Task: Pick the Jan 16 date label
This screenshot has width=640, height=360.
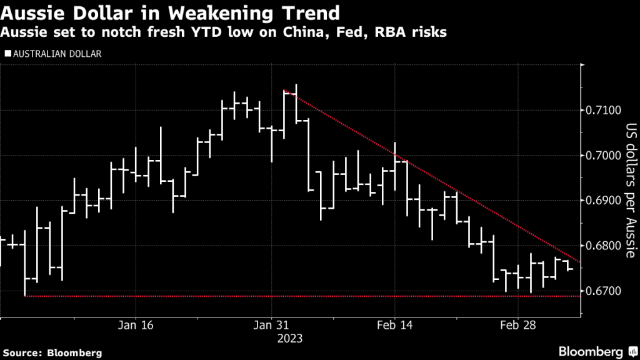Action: tap(136, 325)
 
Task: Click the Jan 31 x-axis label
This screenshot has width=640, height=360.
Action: tap(272, 325)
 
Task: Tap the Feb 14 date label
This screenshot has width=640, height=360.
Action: tap(395, 325)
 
